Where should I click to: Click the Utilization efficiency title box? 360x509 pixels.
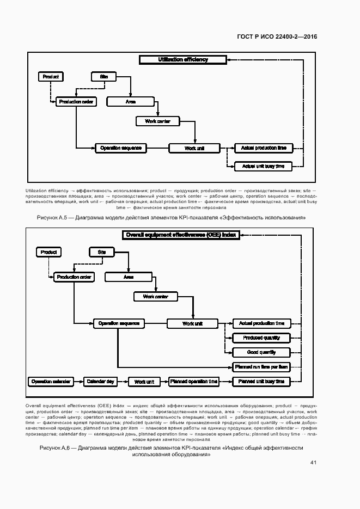[183, 60]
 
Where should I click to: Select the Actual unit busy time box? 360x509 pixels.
[263, 166]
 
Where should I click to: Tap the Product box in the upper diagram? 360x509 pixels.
[50, 77]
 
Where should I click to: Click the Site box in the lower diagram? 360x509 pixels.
[102, 253]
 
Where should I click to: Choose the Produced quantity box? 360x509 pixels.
[261, 338]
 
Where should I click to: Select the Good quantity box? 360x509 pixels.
[261, 352]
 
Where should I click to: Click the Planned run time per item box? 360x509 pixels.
[261, 367]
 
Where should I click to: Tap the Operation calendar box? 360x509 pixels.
[51, 382]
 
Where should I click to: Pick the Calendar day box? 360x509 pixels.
[100, 382]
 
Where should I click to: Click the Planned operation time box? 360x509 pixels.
[194, 382]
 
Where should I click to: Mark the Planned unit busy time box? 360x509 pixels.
[261, 382]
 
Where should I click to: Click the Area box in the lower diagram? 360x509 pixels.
[129, 277]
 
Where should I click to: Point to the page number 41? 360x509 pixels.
[313, 462]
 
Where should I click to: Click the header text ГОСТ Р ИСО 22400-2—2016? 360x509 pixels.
[277, 36]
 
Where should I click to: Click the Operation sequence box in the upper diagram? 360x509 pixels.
[120, 148]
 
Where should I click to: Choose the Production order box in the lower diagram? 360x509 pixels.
[74, 277]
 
